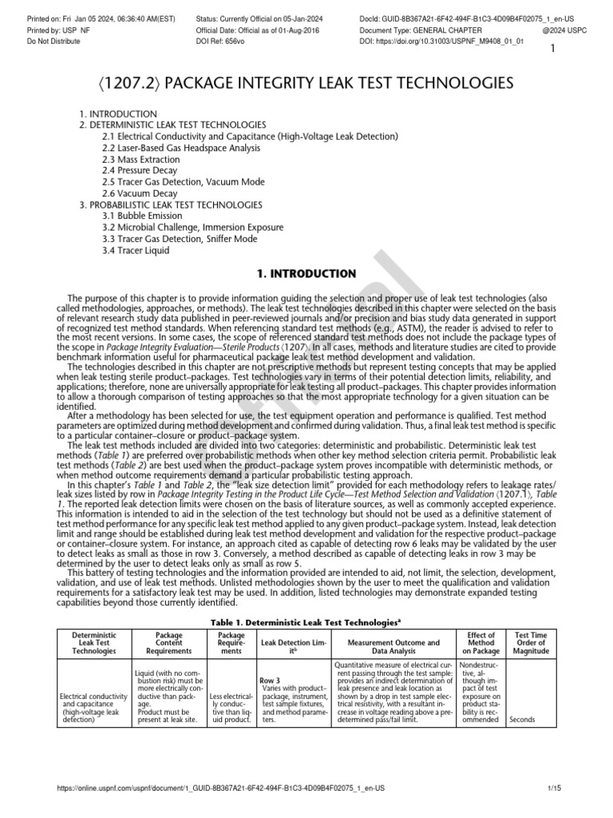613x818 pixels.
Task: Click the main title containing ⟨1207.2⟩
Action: [x=306, y=84]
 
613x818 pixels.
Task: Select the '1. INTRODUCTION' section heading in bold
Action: [x=306, y=274]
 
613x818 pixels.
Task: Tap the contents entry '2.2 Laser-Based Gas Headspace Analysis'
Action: [x=180, y=149]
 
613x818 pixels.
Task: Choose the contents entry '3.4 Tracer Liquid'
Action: [x=136, y=250]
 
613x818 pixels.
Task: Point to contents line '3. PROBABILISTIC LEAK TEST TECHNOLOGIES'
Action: [x=170, y=204]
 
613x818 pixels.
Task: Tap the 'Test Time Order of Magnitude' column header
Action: [x=530, y=642]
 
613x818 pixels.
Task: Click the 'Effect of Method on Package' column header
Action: [x=481, y=642]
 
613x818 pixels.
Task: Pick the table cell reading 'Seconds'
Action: [x=522, y=719]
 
